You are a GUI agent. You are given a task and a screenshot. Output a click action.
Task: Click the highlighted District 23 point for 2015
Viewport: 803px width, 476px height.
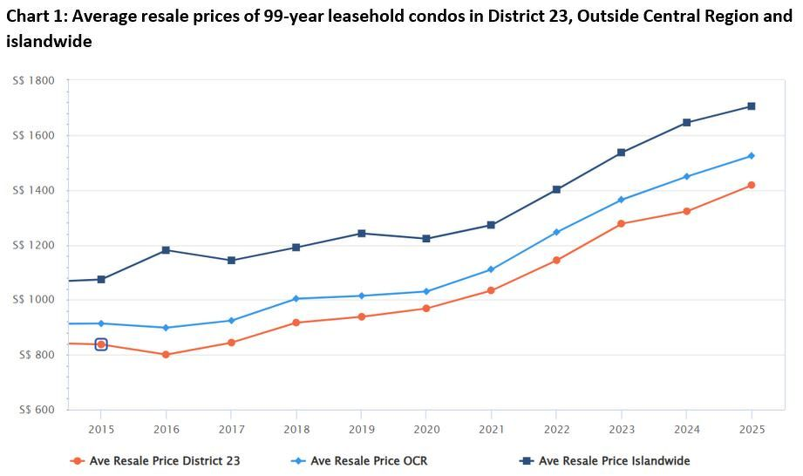[101, 344]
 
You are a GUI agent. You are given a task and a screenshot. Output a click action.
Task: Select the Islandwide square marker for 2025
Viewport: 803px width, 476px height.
[751, 106]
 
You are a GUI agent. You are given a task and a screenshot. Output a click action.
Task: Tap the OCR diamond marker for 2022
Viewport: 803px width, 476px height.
[556, 233]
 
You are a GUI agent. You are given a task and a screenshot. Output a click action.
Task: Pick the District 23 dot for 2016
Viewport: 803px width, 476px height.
[166, 355]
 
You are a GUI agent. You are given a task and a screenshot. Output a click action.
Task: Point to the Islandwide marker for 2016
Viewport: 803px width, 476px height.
[166, 250]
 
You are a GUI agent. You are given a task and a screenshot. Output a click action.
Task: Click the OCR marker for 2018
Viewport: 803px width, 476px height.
[296, 299]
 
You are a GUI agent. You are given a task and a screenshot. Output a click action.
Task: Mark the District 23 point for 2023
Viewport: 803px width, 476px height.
[621, 224]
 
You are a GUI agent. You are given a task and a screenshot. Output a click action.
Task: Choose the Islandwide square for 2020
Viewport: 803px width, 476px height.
[426, 239]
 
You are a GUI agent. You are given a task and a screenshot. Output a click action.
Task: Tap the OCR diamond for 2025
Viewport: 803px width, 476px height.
[751, 156]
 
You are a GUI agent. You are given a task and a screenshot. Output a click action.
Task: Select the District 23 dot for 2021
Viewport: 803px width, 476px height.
[491, 290]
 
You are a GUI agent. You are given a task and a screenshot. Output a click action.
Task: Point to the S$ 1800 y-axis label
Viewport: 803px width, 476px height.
[34, 81]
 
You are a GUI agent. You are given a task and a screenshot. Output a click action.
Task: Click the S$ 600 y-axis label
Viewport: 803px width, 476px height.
[34, 410]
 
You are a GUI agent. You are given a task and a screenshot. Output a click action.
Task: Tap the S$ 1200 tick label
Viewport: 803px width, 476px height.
[34, 245]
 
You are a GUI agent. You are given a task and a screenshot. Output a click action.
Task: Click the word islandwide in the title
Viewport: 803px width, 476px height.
[49, 41]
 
